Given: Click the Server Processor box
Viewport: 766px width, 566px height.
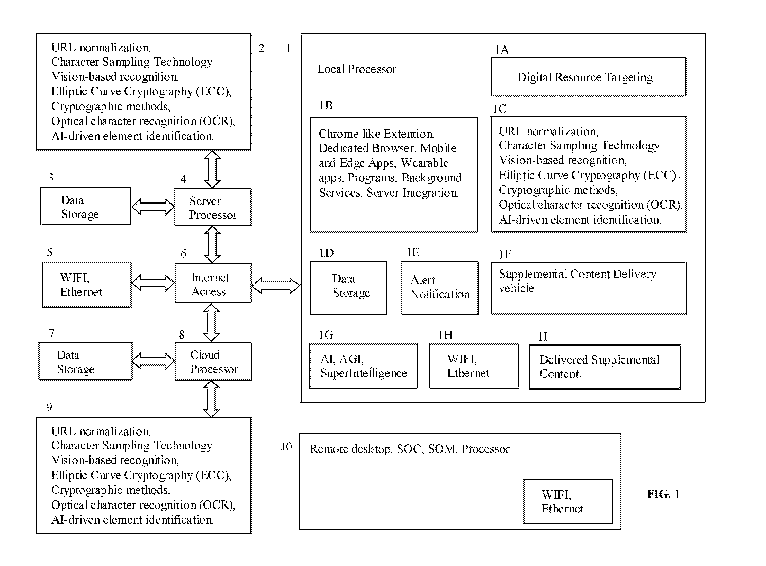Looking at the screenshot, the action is (213, 207).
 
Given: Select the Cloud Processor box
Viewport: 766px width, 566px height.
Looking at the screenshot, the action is (213, 361).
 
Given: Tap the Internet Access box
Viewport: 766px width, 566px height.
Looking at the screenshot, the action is (213, 283).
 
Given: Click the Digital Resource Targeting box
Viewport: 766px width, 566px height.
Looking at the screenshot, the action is (588, 76).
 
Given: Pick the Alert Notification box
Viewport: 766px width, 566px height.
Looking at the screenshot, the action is (440, 288).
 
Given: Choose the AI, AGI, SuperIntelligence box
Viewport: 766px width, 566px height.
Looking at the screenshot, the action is (363, 366).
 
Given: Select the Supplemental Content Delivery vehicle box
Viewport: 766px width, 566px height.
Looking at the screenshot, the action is (588, 288).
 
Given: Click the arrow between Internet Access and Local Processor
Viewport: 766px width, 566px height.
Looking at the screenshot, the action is (276, 285).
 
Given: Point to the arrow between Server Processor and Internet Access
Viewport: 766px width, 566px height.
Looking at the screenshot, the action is (212, 245).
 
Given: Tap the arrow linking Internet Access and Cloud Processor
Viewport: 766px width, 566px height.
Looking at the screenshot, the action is (211, 323).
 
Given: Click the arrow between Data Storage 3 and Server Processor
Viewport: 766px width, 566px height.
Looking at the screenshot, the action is (153, 207).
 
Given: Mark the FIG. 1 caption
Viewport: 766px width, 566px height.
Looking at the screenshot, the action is (663, 494).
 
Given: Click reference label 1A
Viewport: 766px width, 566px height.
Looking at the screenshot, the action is (501, 50).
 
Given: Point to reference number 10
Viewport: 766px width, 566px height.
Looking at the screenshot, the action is (286, 446).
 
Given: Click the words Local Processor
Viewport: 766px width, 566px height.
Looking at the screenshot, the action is (356, 69).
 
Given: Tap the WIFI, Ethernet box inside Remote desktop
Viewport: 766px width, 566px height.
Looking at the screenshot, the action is (568, 501).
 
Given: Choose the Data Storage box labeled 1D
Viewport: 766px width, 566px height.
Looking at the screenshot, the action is (348, 288).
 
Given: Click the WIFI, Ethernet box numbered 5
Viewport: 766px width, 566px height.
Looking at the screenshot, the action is (87, 285).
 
